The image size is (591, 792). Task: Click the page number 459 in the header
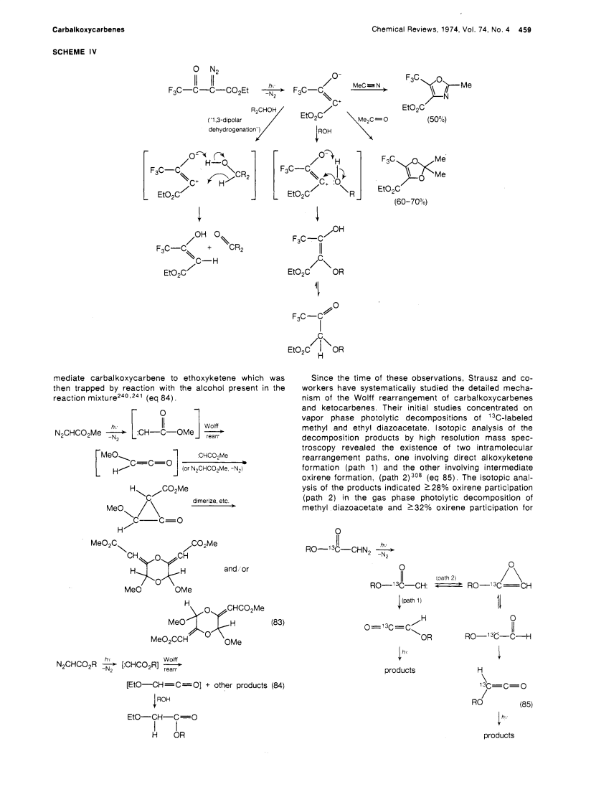(525, 30)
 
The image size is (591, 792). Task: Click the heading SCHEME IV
(75, 52)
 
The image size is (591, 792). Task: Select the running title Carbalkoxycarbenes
(88, 30)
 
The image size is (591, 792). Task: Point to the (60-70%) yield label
(410, 202)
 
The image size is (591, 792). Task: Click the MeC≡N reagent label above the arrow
(367, 85)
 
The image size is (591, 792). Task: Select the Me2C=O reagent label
(372, 120)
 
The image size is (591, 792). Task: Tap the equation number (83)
(278, 622)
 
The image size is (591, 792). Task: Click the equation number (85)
(526, 704)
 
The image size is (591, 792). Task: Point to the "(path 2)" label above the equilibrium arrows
(446, 577)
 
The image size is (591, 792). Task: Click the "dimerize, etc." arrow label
(211, 501)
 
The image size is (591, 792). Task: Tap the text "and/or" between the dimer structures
(237, 570)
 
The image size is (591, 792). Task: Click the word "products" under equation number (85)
(498, 735)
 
